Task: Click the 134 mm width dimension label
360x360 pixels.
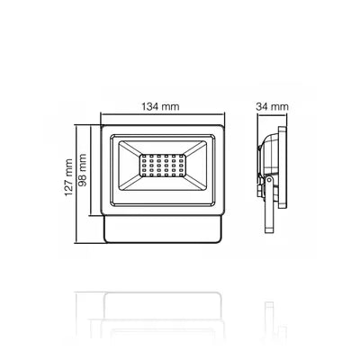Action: tap(160, 106)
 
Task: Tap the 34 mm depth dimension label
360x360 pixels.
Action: tap(272, 106)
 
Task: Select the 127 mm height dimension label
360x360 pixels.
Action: tap(68, 177)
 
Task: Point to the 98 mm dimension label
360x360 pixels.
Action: tap(82, 170)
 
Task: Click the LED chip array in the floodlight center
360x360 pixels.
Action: tap(163, 166)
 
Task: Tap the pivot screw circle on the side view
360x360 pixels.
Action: tap(269, 180)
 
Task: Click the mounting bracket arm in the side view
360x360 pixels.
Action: tap(269, 204)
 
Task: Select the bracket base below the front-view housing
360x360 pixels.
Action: tap(163, 229)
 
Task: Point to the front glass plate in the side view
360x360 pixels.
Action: tap(282, 167)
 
